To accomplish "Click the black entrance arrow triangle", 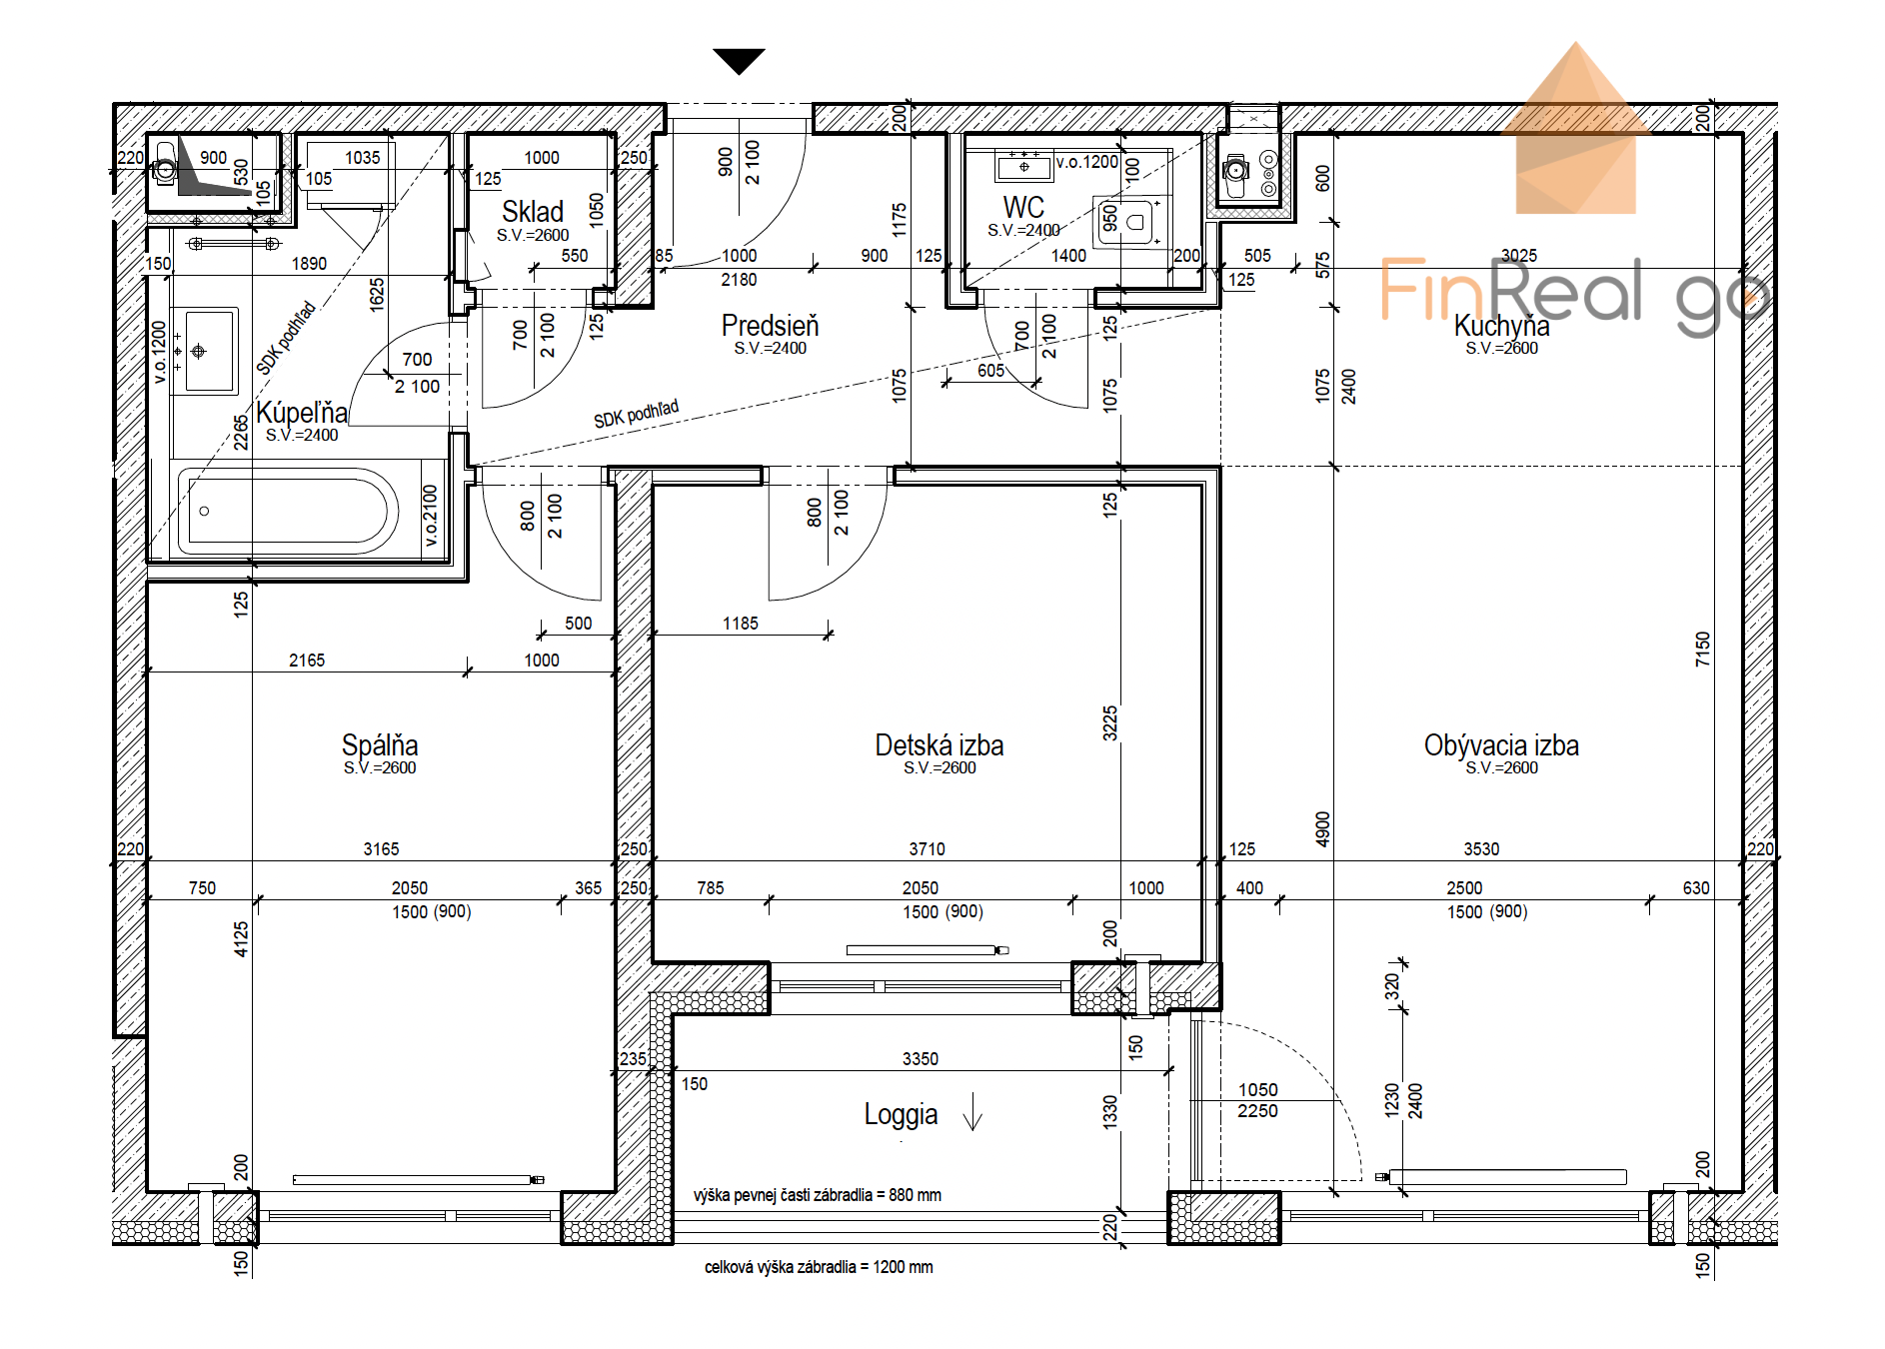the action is [x=740, y=61].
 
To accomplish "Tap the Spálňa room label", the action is [x=380, y=745].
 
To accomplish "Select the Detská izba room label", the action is [x=940, y=745].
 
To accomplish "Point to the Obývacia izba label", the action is [x=1501, y=745].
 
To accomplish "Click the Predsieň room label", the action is [x=770, y=326].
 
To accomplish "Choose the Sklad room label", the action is [x=533, y=212].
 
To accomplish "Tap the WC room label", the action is [x=1023, y=208].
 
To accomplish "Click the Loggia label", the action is [x=901, y=1115].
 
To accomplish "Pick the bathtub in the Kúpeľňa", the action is [x=288, y=511].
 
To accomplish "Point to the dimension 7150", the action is [x=1702, y=650].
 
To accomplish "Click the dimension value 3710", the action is [x=927, y=849].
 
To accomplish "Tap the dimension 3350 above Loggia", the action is [x=921, y=1059].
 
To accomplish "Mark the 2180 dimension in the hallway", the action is [x=740, y=280].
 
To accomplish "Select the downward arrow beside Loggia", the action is [x=972, y=1111].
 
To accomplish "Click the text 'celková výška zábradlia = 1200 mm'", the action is [x=819, y=1267].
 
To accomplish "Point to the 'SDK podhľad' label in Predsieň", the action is [x=637, y=414].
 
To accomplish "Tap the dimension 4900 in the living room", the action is [x=1322, y=829].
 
